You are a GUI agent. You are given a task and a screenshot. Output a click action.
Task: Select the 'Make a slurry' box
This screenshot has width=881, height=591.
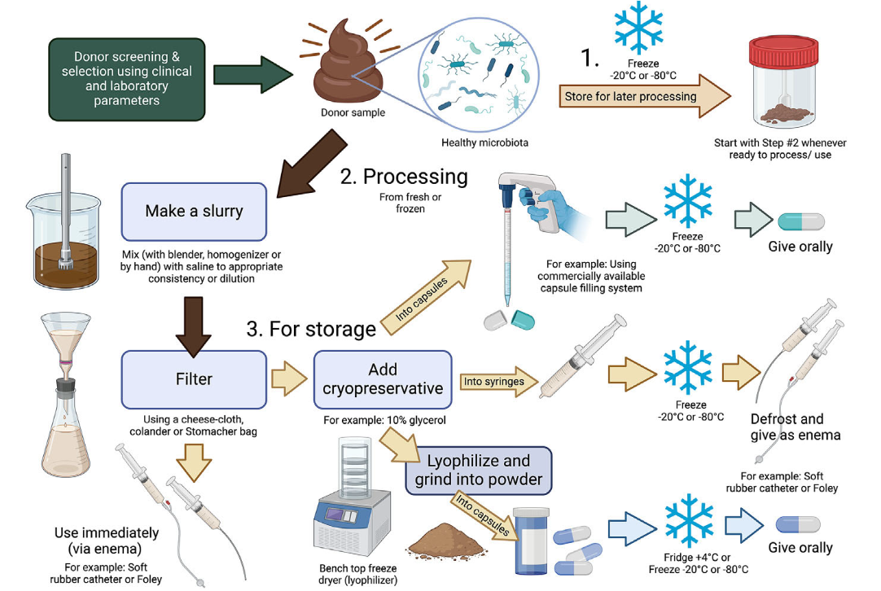coord(194,212)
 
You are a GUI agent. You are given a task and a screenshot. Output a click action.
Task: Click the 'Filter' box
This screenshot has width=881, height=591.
coord(194,379)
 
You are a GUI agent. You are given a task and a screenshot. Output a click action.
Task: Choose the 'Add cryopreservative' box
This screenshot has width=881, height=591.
coord(382,379)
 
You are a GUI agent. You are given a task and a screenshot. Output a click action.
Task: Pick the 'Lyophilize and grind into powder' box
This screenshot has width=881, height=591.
coord(478,471)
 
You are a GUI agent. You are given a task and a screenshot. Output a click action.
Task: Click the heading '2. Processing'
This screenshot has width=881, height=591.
coord(415,177)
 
